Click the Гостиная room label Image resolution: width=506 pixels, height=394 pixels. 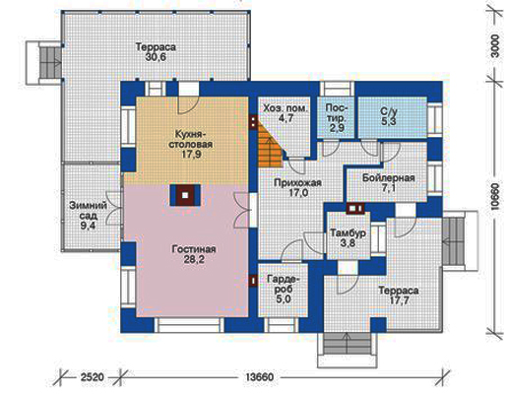coord(194,249)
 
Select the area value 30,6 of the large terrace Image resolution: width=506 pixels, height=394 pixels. coord(156,57)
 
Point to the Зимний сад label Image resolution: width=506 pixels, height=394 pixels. coord(88,211)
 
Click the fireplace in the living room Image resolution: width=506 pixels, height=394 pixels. coord(185,195)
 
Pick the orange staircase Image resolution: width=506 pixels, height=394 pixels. coord(270,144)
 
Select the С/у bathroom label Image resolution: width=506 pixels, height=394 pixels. coord(389,111)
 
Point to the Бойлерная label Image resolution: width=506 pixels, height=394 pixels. coord(389,178)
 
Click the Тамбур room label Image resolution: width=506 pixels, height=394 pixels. coord(348,233)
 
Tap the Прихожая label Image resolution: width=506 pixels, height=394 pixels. coord(297,182)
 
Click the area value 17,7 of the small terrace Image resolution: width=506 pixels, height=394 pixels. coord(399,300)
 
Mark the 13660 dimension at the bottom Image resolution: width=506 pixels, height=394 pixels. coord(259,377)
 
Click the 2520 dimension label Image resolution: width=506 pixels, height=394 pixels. coord(93,377)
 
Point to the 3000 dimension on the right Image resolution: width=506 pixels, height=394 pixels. coord(496,46)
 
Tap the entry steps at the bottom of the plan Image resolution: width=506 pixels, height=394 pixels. coord(348,344)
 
